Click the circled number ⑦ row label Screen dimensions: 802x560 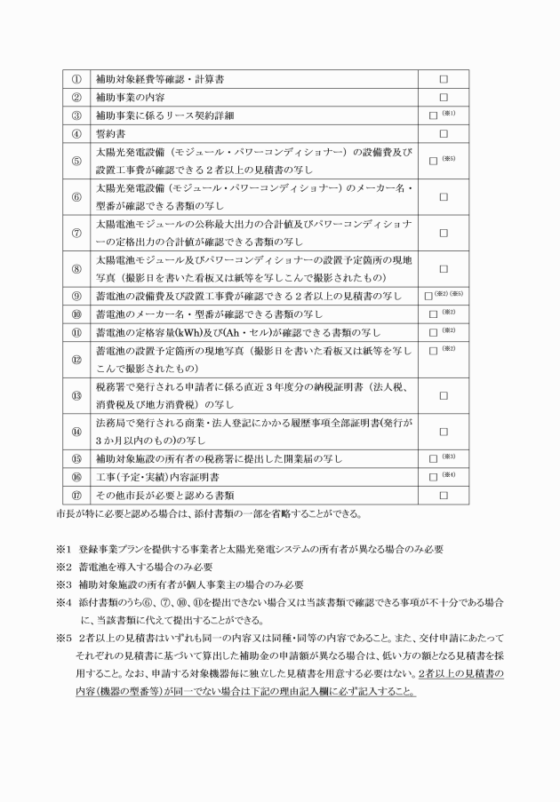[76, 233]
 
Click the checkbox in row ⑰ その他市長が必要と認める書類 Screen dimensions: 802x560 [443, 495]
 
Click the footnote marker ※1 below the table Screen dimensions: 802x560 [62, 549]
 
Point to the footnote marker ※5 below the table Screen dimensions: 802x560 [62, 638]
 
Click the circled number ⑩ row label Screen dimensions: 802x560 [76, 314]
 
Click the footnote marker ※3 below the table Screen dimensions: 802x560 [62, 584]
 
